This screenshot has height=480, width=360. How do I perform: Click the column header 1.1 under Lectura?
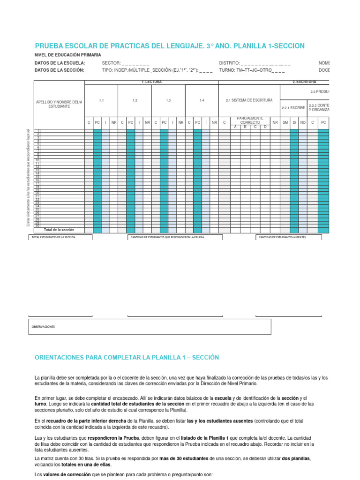point(101,100)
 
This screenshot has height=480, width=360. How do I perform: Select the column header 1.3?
point(168,100)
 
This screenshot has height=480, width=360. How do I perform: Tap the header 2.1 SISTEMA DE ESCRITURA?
point(249,100)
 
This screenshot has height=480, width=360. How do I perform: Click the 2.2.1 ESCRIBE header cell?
point(293,108)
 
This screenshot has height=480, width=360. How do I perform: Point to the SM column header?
point(285,122)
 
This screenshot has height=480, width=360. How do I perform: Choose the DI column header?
point(294,122)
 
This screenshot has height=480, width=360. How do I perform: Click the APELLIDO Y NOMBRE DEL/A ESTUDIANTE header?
point(59,104)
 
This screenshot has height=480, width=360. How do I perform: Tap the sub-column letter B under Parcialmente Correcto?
point(245,127)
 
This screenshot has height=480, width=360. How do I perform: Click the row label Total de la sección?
point(59,230)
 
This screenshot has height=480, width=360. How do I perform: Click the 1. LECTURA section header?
point(151,82)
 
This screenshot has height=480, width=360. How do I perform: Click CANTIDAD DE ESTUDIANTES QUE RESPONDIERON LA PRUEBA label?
point(168,237)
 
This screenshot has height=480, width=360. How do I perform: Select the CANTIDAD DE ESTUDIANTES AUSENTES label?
point(283,237)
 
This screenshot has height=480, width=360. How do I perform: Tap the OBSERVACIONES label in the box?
point(43,327)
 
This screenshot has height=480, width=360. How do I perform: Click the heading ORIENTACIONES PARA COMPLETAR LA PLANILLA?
point(127,357)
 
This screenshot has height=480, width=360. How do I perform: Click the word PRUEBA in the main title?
point(50,46)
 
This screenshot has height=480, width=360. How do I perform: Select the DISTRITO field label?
point(229,63)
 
